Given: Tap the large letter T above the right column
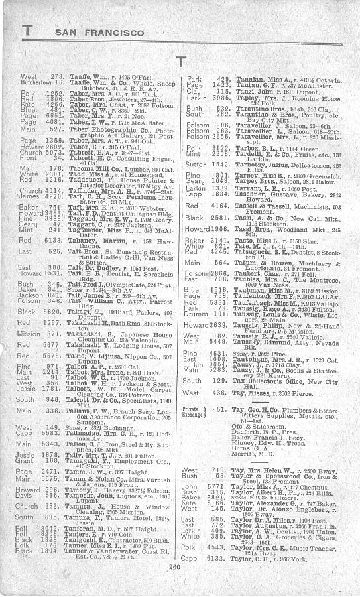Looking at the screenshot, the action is pos(181,62).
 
